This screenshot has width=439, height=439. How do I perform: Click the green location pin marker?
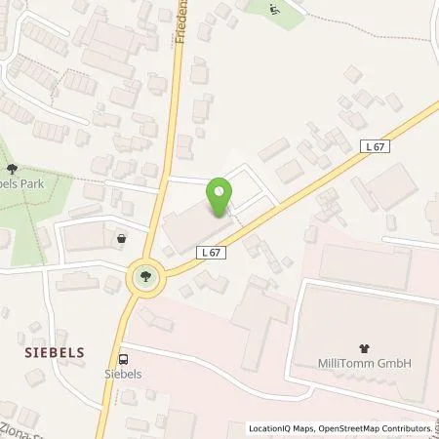pyautogui.click(x=220, y=197)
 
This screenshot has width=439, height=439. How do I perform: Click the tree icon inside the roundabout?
pyautogui.click(x=145, y=277)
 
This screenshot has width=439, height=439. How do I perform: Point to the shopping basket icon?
pyautogui.click(x=121, y=237)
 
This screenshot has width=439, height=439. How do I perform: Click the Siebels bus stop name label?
pyautogui.click(x=123, y=372)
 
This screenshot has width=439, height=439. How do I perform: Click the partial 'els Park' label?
pyautogui.click(x=23, y=182)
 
